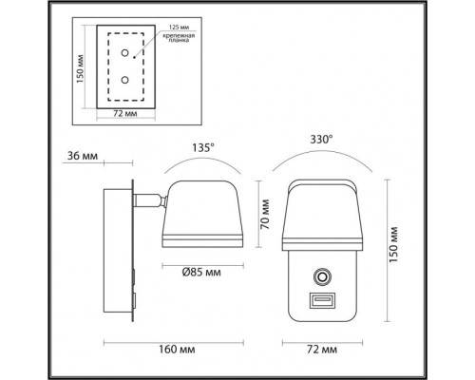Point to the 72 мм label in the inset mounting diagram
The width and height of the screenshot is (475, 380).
tap(120, 113)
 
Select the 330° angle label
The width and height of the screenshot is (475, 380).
tap(320, 140)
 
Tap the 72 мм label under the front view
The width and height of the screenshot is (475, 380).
tap(322, 350)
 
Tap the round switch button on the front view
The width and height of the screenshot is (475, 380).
tap(322, 277)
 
